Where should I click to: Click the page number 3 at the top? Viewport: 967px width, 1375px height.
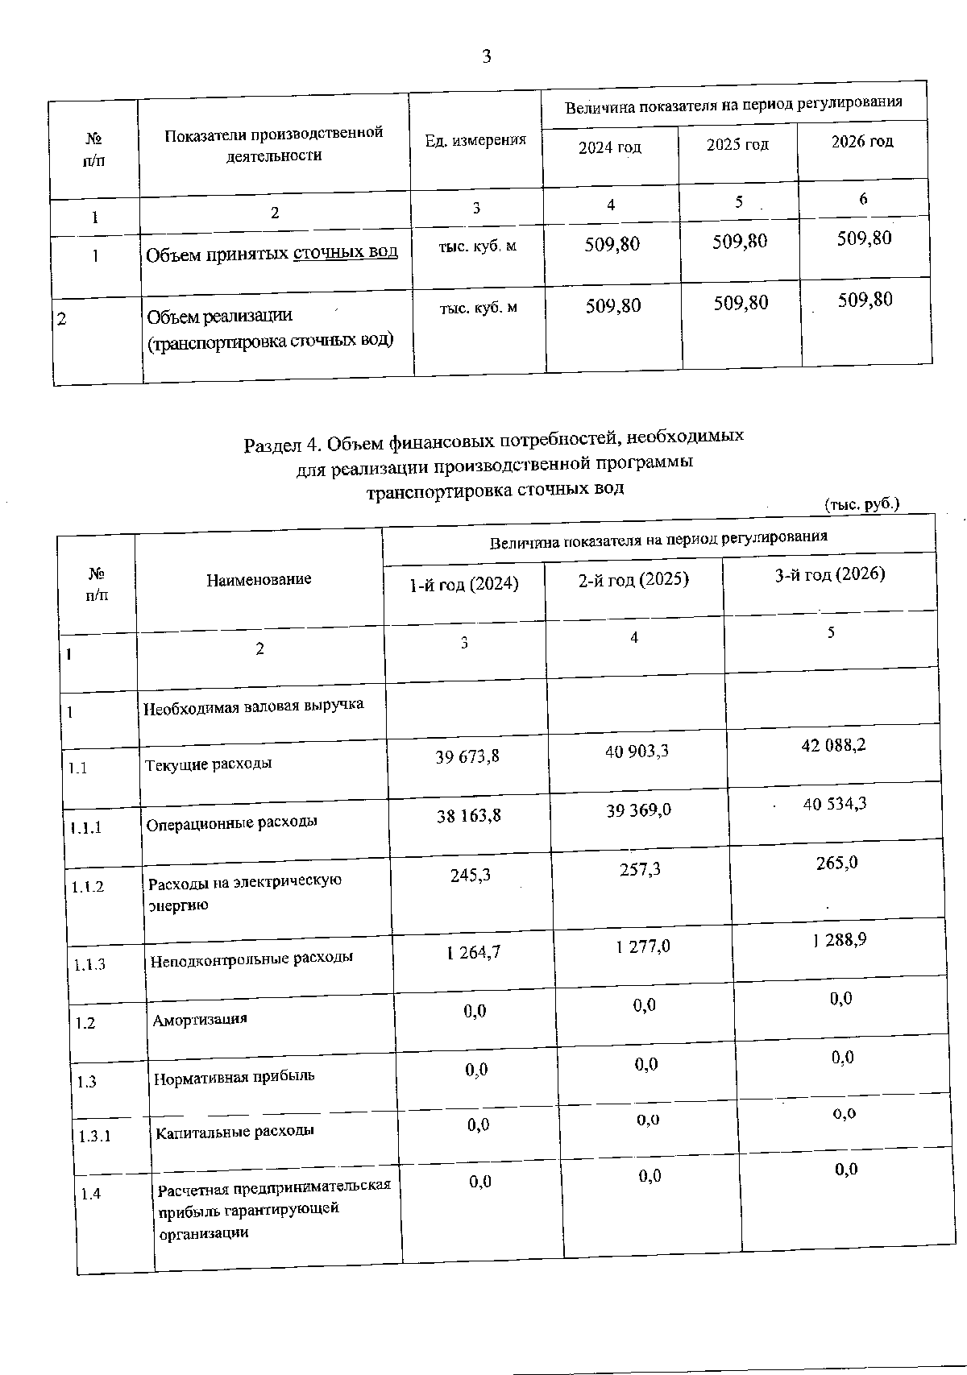pos(486,56)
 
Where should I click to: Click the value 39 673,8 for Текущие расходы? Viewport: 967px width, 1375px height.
pos(467,756)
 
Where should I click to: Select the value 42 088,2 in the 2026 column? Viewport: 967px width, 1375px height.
pos(833,745)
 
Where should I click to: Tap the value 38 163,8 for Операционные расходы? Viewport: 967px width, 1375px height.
pos(468,815)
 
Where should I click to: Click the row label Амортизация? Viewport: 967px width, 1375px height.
pos(200,1019)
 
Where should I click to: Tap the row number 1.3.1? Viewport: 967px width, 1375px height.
pos(94,1137)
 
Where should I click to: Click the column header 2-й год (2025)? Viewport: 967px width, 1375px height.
pos(633,580)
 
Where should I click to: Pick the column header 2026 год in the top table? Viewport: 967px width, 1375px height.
pos(862,142)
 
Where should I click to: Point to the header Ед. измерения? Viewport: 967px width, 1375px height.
pos(475,140)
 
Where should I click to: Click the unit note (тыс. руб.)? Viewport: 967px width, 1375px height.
pos(861,505)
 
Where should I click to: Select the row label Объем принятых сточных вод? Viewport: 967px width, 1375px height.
pos(272,253)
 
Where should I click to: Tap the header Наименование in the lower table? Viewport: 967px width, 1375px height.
pos(259,579)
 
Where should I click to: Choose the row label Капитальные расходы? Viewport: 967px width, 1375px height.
pos(234,1131)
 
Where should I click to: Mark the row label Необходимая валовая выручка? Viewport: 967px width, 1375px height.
pos(253,706)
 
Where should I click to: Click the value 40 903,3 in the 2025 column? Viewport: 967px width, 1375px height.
pos(637,752)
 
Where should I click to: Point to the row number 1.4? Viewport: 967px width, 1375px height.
pos(91,1194)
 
